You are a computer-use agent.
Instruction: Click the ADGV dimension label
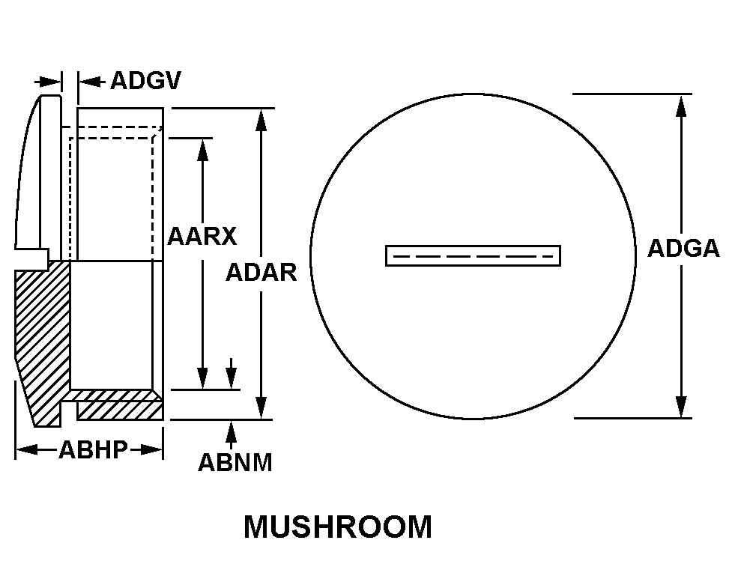pos(145,80)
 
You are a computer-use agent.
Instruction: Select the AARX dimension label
pos(202,236)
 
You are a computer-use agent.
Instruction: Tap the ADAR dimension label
pos(261,273)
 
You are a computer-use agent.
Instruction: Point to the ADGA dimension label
pos(683,249)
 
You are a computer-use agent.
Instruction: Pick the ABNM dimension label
pos(235,462)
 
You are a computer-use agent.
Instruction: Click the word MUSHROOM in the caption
pos(337,527)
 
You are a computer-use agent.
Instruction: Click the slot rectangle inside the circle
pos(473,255)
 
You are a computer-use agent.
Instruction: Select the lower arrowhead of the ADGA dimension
pos(681,407)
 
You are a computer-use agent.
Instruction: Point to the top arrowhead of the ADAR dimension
pos(261,120)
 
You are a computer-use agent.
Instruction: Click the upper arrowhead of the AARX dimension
pos(202,149)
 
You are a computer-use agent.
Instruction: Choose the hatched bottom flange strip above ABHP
pos(120,410)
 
